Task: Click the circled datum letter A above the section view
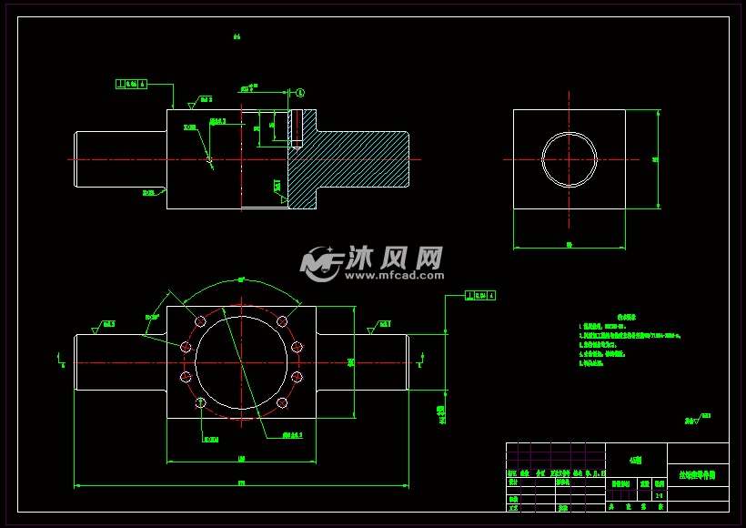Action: pos(301,92)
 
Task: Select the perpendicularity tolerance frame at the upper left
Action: pos(131,84)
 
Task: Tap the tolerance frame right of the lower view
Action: pos(479,295)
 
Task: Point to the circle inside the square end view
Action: pos(570,159)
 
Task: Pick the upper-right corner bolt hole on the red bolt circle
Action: pos(283,320)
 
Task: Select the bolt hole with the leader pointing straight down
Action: pos(200,402)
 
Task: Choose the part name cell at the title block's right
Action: pos(698,475)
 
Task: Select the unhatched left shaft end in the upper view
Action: pos(118,159)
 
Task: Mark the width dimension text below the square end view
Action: pos(569,244)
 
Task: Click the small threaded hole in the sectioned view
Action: pos(296,128)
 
